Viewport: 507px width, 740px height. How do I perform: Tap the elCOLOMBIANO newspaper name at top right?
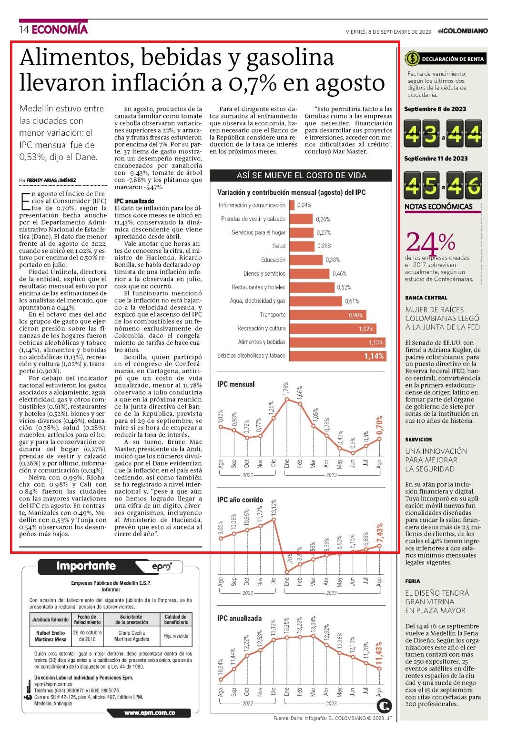point(463,31)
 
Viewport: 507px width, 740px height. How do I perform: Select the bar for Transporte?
point(328,315)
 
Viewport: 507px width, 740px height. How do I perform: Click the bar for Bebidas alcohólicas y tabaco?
point(338,356)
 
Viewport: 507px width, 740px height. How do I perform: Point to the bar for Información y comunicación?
point(292,205)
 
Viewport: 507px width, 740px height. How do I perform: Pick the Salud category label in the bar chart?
point(279,246)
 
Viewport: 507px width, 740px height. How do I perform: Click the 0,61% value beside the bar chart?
point(352,301)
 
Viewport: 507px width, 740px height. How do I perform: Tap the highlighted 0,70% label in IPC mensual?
point(379,425)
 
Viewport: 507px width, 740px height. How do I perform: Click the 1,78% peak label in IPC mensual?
point(286,388)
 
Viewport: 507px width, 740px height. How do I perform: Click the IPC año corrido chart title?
point(240,500)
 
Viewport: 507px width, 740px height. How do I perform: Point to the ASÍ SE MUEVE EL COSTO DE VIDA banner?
point(301,175)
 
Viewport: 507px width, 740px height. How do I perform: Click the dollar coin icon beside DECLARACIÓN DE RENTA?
point(412,59)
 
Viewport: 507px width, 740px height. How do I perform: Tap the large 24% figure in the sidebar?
point(431,242)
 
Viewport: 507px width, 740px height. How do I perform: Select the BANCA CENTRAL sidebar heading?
point(426,298)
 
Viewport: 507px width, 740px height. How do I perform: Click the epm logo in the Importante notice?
point(162,567)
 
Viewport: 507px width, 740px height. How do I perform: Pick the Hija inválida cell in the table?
point(176,636)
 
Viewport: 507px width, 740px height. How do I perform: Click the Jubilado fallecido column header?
point(50,620)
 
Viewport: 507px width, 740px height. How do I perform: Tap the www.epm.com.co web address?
point(150,713)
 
